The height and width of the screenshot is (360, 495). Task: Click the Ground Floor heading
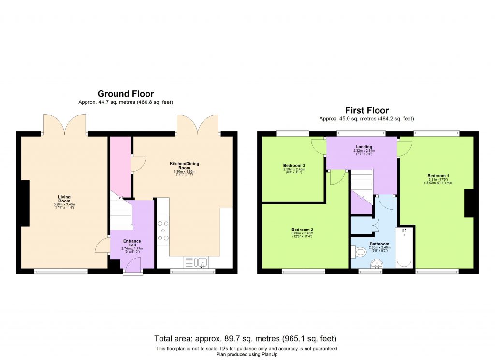126,94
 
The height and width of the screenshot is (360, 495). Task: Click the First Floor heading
366,110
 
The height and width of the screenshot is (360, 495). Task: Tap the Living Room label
64,199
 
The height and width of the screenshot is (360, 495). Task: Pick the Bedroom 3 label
294,165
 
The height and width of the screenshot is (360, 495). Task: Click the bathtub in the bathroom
404,247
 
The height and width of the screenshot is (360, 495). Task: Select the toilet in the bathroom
360,252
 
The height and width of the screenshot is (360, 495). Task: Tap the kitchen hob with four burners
163,230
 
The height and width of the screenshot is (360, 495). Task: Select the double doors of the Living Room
64,125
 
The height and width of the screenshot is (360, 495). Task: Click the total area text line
245,338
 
